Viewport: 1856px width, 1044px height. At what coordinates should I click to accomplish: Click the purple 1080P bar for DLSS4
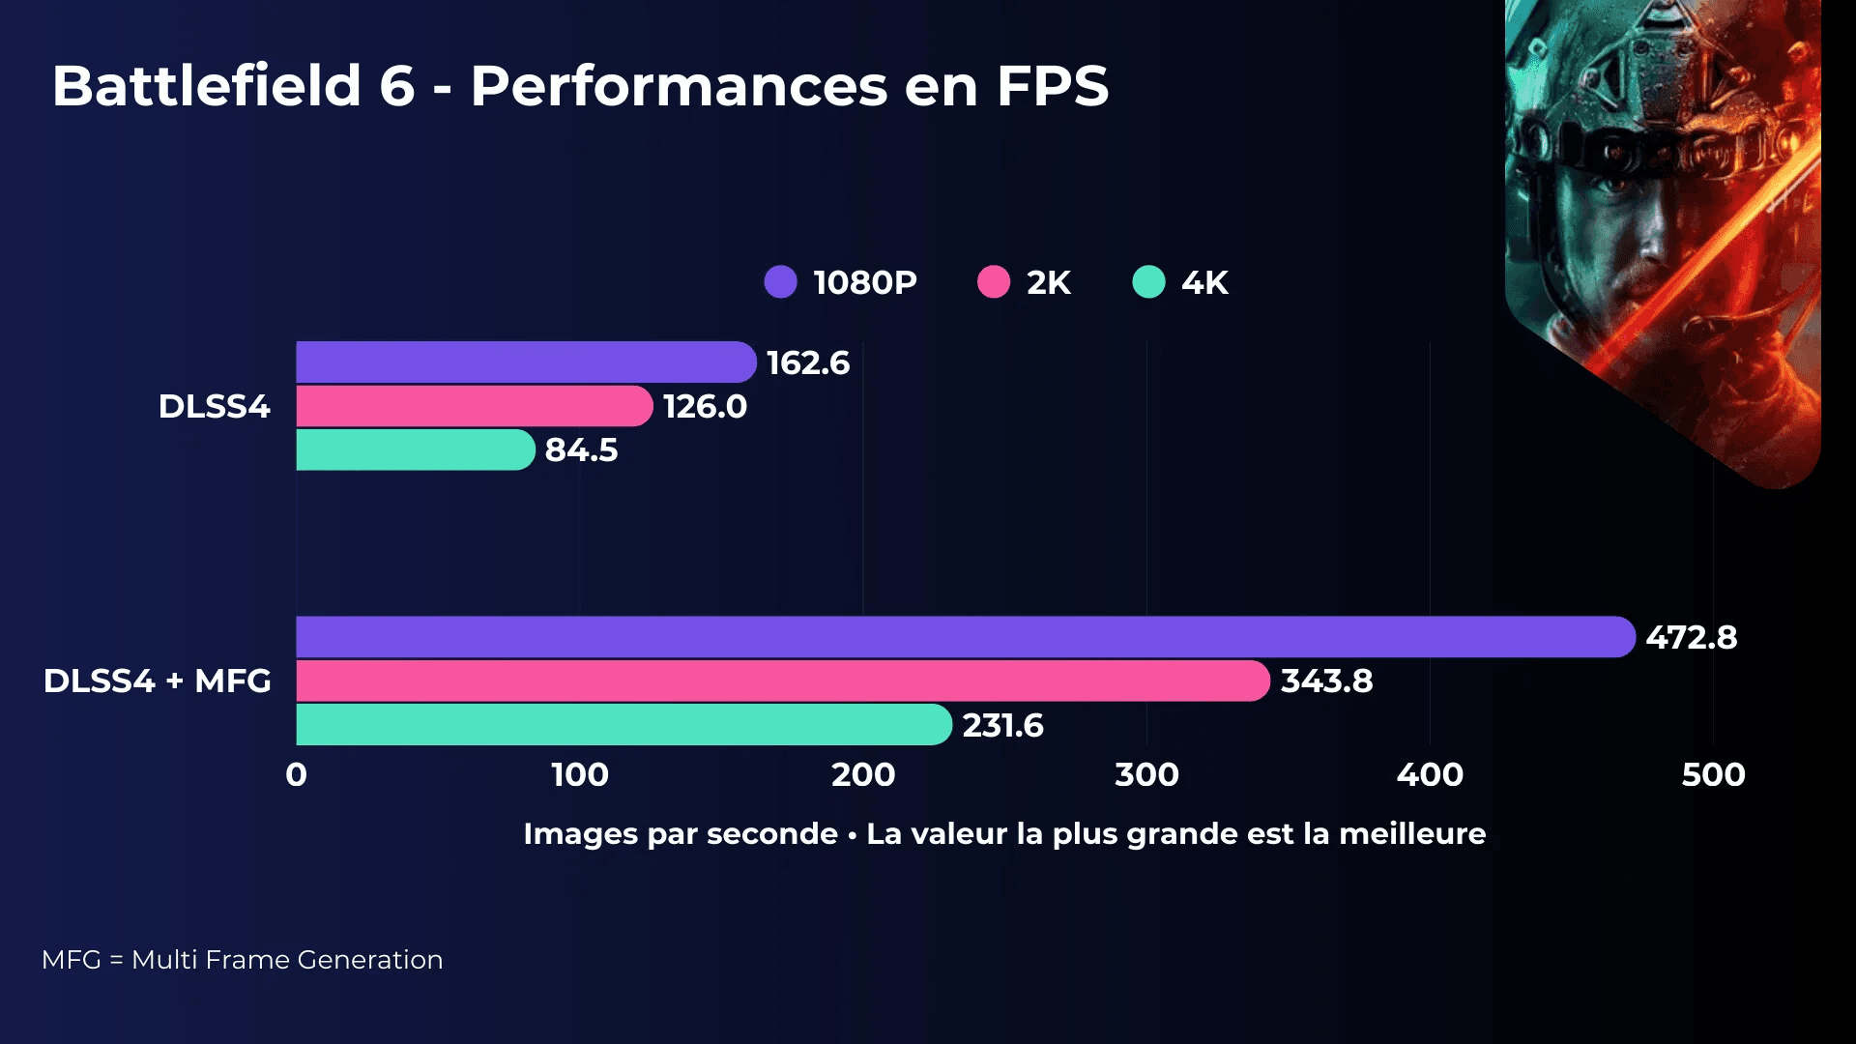coord(525,362)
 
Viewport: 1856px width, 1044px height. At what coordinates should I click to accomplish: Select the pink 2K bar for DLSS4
coord(474,406)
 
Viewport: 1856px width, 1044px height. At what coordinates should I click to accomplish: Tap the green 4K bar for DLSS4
coord(415,450)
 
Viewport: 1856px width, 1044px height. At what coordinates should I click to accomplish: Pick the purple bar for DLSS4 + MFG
coord(965,637)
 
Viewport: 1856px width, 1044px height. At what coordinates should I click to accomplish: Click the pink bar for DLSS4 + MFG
coord(782,681)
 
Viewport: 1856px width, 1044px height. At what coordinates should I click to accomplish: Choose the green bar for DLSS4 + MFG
coord(623,725)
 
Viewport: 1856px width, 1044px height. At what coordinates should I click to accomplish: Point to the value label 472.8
coord(1691,638)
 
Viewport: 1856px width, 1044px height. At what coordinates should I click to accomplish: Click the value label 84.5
coord(581,450)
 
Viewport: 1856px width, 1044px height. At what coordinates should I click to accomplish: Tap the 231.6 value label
coord(1002,726)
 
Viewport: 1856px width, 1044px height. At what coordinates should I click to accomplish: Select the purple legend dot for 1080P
coord(780,282)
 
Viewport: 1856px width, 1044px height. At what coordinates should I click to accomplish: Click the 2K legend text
coord(1048,283)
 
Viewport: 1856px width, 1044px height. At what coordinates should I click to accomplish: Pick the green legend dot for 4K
coord(1148,282)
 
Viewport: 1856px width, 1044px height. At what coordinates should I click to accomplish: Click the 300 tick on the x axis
coord(1146,775)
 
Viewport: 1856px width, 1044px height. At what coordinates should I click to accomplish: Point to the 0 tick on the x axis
coord(297,775)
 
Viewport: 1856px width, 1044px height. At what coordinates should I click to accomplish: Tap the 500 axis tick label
coord(1713,775)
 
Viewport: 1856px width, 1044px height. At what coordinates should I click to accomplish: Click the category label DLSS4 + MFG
coord(157,681)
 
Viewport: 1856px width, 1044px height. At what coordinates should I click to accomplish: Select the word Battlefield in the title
coord(206,86)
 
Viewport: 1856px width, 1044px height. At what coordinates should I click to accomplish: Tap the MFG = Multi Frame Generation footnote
coord(242,960)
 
